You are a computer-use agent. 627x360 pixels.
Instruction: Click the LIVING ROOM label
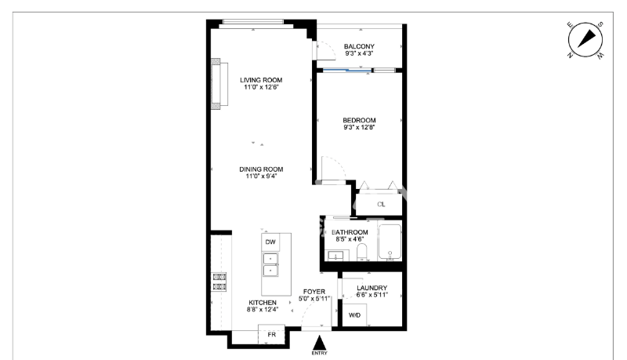[x=261, y=80]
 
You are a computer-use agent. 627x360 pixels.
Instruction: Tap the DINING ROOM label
[x=261, y=169]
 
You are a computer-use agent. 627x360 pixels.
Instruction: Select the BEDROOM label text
[x=359, y=120]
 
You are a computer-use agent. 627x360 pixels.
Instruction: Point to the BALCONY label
[x=359, y=46]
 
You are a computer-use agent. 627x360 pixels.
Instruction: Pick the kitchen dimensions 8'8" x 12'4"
[x=263, y=309]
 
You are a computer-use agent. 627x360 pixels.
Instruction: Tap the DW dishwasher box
[x=270, y=242]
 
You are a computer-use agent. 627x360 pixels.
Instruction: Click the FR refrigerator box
[x=271, y=334]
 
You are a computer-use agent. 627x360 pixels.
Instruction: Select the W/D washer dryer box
[x=355, y=315]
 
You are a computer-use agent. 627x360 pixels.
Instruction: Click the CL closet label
[x=381, y=205]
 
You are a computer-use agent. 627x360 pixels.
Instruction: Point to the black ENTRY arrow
[x=319, y=344]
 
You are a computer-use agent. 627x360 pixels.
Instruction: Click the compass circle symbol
[x=585, y=39]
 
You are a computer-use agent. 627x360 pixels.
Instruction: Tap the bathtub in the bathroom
[x=390, y=242]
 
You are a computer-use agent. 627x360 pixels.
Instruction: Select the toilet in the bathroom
[x=362, y=253]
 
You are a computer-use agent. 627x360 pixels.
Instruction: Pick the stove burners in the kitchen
[x=219, y=282]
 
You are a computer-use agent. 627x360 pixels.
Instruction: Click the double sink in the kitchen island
[x=270, y=264]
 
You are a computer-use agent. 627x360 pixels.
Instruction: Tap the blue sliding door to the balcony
[x=347, y=71]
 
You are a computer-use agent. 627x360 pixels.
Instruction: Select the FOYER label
[x=314, y=292]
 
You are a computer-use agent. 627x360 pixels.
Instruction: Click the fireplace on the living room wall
[x=219, y=84]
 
